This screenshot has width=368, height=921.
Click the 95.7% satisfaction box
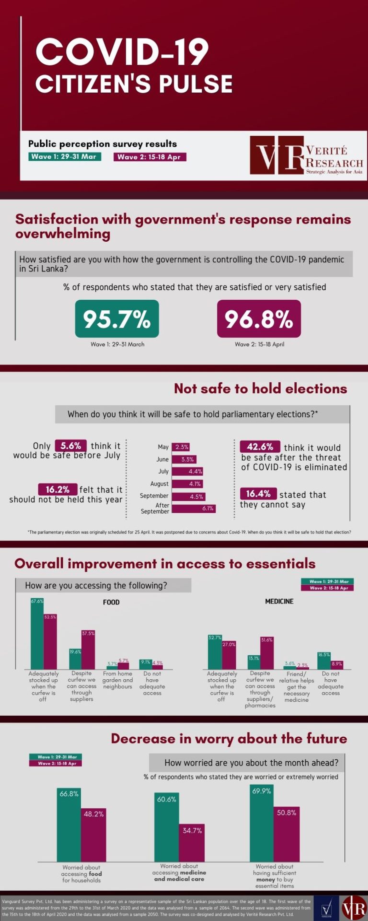point(117,319)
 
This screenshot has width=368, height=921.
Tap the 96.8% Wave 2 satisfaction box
point(259,319)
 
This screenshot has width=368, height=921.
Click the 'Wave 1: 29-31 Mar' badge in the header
point(64,157)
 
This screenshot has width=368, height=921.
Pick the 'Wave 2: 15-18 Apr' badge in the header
point(149,157)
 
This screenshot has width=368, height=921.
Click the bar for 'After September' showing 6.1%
point(194,508)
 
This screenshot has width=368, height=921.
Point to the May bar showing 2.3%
point(181,447)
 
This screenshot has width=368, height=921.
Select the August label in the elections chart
point(159,484)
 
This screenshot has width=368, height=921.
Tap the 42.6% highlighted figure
point(260,447)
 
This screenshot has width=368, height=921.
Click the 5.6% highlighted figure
point(71,446)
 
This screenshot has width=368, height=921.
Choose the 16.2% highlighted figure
point(57,489)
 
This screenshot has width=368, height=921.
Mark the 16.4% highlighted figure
point(258,494)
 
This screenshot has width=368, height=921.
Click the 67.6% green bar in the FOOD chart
point(37,633)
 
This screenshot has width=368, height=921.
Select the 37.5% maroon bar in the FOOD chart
point(88,650)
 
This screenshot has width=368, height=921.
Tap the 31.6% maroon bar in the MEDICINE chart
point(267,653)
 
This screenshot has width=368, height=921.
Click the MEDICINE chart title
point(279,602)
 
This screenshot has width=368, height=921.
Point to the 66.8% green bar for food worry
point(69,825)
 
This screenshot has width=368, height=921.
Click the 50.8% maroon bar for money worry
point(287,834)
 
